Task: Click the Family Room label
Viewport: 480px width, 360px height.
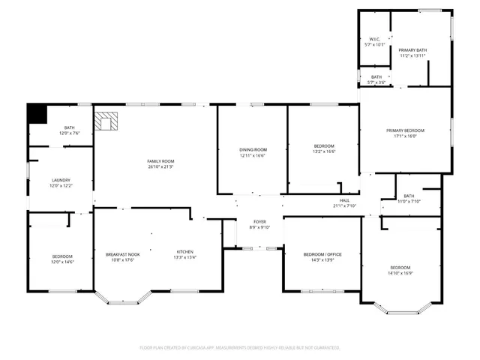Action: click(x=160, y=161)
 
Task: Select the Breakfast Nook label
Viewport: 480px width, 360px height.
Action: click(x=123, y=254)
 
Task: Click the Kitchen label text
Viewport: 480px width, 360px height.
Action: click(x=185, y=251)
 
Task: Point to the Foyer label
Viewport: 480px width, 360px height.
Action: click(x=259, y=222)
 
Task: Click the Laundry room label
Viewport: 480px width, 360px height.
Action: click(x=61, y=180)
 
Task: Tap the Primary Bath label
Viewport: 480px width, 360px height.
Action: click(x=412, y=50)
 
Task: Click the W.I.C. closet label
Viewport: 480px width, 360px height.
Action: click(x=374, y=39)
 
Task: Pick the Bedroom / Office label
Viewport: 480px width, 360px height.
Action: click(x=322, y=254)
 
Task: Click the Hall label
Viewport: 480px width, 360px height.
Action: click(x=344, y=200)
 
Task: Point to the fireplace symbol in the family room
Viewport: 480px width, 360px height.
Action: click(x=107, y=121)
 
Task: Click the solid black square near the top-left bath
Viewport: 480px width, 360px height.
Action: click(x=37, y=113)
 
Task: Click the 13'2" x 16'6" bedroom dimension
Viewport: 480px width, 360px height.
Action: click(x=323, y=151)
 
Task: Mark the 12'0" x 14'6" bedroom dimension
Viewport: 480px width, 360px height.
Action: click(x=62, y=262)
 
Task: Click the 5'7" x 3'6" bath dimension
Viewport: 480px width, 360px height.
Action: click(x=376, y=82)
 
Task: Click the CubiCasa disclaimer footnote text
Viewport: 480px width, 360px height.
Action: click(x=240, y=347)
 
